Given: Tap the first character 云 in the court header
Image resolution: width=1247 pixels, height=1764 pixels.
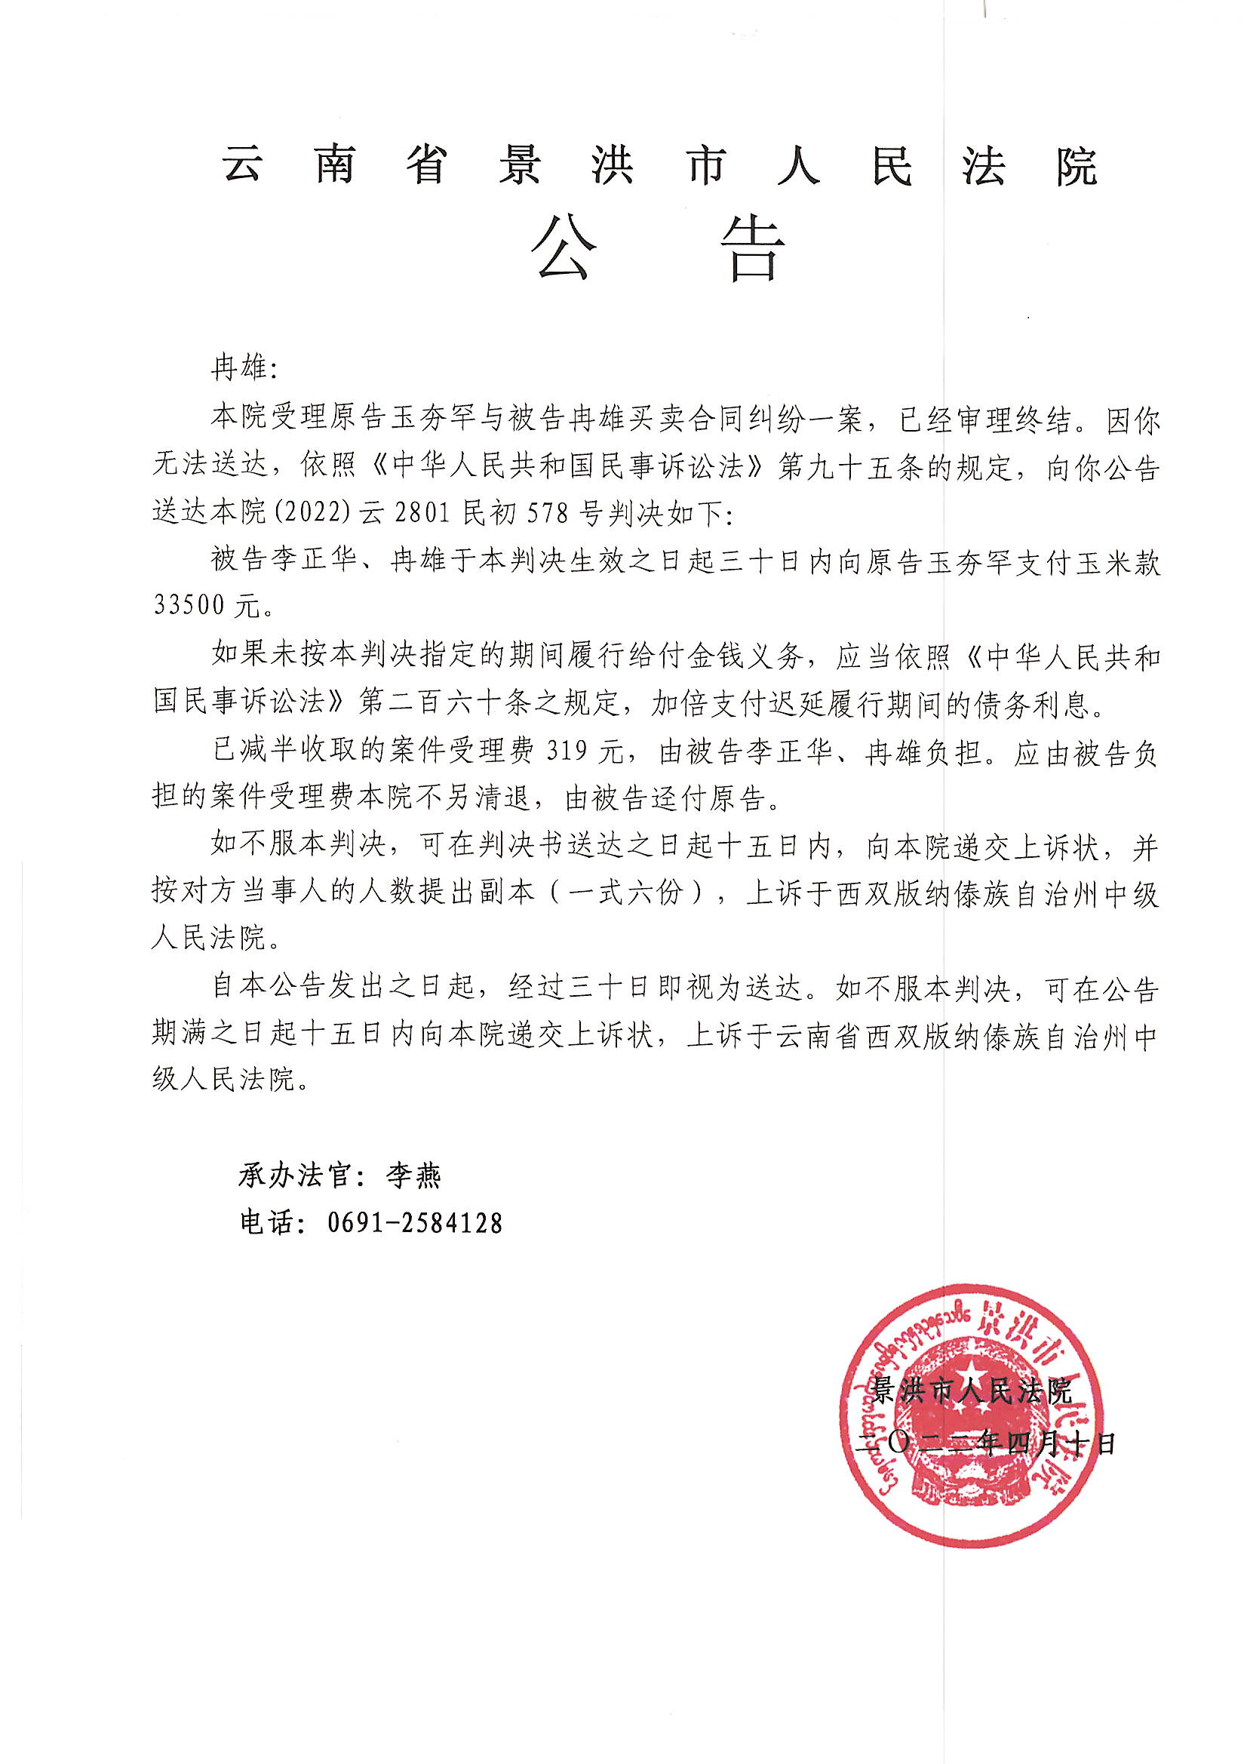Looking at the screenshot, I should point(243,164).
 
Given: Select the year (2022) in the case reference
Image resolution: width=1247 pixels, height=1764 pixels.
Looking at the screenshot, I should point(313,512).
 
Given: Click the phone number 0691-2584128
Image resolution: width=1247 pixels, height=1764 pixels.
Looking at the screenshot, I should point(415,1223).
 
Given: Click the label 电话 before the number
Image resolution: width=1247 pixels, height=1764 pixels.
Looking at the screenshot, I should point(266,1223).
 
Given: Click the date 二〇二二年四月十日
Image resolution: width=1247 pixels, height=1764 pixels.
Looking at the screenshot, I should point(987,1444).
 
